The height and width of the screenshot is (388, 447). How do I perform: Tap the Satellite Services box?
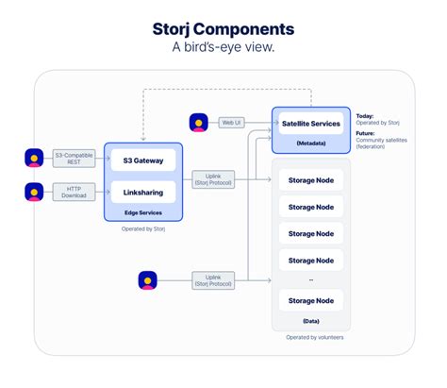[x=311, y=124]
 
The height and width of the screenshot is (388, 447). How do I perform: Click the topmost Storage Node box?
[x=311, y=179]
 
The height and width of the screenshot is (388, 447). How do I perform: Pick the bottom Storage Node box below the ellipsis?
[x=311, y=300]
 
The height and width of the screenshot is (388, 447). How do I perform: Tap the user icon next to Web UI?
[x=199, y=122]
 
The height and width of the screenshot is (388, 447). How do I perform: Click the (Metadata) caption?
[x=311, y=143]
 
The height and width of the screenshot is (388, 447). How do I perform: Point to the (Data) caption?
[x=311, y=321]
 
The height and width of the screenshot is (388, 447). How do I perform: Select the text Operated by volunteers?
[x=311, y=338]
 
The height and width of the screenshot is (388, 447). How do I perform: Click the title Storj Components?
[x=223, y=28]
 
